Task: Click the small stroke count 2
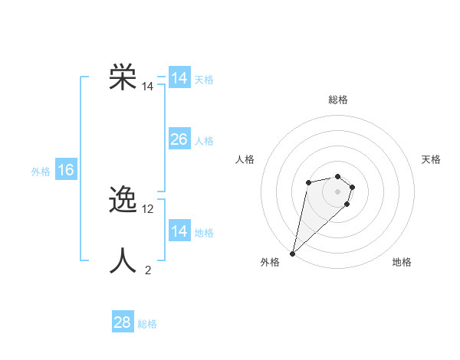click(x=148, y=270)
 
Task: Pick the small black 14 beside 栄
click(x=148, y=87)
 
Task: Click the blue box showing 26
click(x=179, y=139)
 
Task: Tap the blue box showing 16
click(x=66, y=170)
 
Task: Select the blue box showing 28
click(x=123, y=322)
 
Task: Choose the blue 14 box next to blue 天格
click(x=179, y=78)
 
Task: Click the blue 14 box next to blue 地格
click(x=179, y=231)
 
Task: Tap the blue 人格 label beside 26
click(x=204, y=141)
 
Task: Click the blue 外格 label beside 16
click(x=41, y=172)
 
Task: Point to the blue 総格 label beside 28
click(x=147, y=324)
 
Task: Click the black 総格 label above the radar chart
click(x=337, y=100)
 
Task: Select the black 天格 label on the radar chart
click(x=431, y=159)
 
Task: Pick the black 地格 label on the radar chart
click(x=402, y=263)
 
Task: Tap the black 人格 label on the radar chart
click(x=245, y=159)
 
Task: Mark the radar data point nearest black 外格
click(x=292, y=254)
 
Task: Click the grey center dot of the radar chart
click(x=337, y=191)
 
